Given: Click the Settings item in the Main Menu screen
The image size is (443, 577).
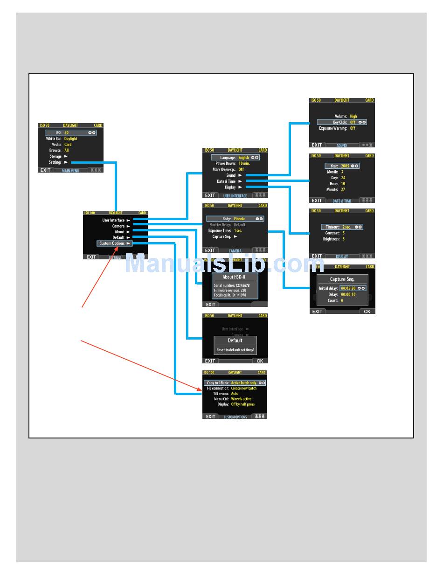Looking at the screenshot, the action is click(x=55, y=162).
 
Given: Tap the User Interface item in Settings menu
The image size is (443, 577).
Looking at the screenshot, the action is click(x=114, y=220).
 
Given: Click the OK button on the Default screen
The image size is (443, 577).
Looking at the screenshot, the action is click(x=260, y=361).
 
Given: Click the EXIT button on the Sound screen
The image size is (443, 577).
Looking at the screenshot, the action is click(x=317, y=145).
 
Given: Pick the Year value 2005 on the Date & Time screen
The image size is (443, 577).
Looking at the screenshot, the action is click(x=345, y=166).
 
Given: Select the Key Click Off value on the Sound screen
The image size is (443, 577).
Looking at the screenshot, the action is click(x=353, y=122).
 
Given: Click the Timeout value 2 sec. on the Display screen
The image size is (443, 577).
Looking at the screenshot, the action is click(x=346, y=227).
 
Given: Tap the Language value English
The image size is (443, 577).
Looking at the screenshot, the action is click(x=244, y=158).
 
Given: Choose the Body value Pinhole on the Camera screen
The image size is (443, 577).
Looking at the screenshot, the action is click(x=240, y=219).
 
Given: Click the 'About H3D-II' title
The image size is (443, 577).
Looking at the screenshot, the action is click(x=235, y=277).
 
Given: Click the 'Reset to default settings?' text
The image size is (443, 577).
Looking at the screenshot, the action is click(x=235, y=350).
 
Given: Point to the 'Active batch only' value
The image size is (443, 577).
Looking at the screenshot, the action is click(x=244, y=383).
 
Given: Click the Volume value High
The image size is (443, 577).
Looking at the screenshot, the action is click(x=353, y=116).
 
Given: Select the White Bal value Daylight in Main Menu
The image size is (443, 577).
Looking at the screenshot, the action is click(x=71, y=139).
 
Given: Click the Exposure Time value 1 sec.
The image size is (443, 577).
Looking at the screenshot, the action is click(x=238, y=230).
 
